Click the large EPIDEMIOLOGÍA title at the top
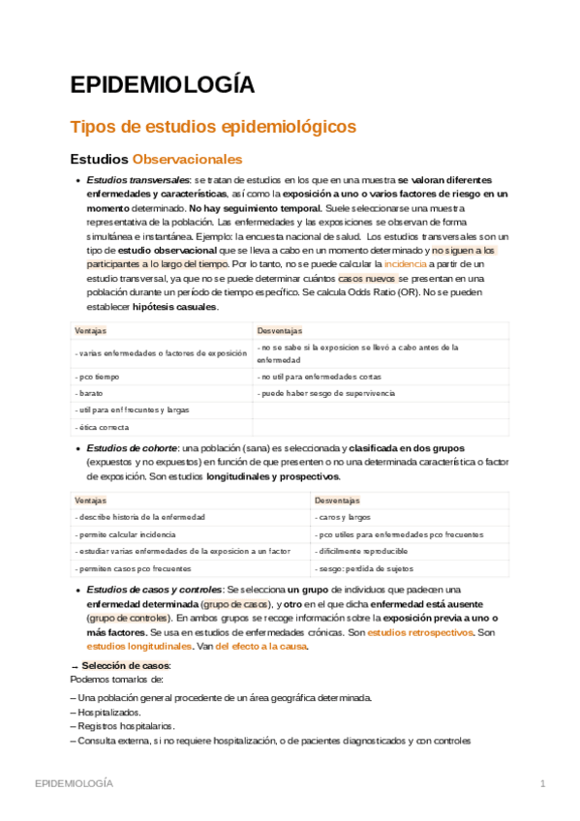click(163, 85)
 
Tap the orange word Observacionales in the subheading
click(187, 159)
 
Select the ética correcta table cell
click(102, 427)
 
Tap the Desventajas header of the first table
click(280, 331)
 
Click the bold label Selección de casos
click(126, 665)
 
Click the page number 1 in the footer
click(543, 782)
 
